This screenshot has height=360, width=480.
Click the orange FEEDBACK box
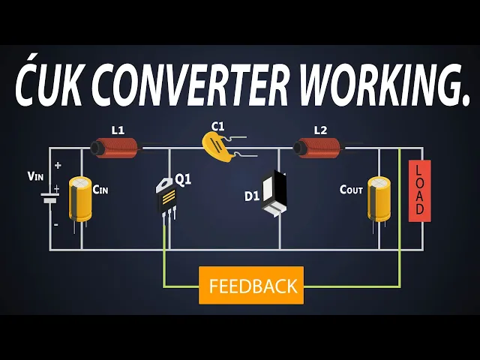click(x=251, y=285)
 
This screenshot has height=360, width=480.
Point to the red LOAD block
click(x=419, y=190)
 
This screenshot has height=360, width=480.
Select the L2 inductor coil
click(x=318, y=147)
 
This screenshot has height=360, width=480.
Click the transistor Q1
click(x=168, y=199)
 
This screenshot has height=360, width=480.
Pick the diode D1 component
click(x=274, y=194)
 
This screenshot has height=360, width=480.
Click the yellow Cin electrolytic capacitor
click(x=80, y=199)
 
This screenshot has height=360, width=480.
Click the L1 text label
click(x=118, y=130)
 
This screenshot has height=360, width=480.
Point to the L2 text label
click(x=320, y=130)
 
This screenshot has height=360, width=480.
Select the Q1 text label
click(x=184, y=179)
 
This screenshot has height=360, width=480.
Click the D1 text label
click(x=251, y=196)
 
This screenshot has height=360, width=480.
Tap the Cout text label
click(x=351, y=190)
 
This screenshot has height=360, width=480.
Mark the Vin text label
click(x=36, y=176)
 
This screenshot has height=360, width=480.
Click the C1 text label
click(x=217, y=126)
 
